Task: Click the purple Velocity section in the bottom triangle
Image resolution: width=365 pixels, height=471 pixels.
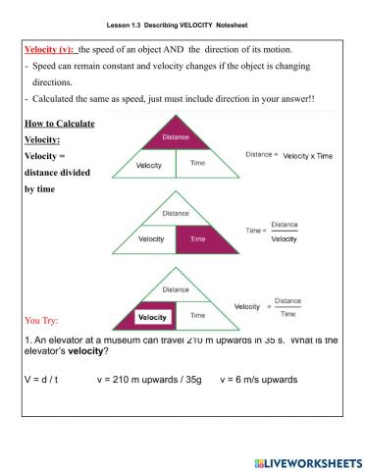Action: click(x=152, y=317)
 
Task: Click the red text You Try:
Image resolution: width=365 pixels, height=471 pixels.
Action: click(x=45, y=319)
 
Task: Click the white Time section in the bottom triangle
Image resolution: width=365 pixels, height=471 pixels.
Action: click(x=197, y=315)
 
